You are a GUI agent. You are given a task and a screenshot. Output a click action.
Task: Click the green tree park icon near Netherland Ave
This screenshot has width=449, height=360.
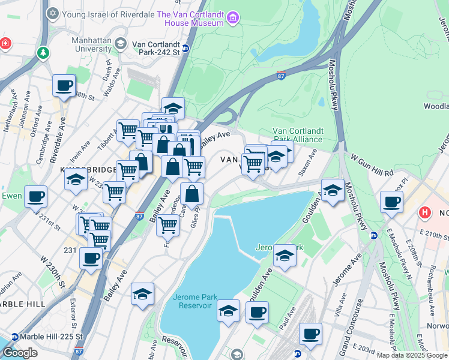pyautogui.click(x=43, y=53)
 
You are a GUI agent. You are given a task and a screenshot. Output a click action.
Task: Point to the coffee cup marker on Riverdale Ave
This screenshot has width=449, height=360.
pyautogui.click(x=64, y=85)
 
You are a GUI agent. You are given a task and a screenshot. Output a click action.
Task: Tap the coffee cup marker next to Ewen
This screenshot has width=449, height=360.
pyautogui.click(x=35, y=196)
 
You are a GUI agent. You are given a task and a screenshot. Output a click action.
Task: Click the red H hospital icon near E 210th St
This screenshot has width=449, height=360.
pyautogui.click(x=426, y=212)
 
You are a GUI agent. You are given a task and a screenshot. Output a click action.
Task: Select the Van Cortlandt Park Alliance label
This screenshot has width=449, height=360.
pyautogui.click(x=298, y=135)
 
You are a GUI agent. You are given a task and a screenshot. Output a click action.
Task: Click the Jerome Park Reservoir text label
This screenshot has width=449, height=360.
pyautogui.click(x=193, y=301)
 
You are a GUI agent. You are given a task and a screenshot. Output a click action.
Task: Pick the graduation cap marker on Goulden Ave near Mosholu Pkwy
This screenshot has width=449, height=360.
pyautogui.click(x=333, y=190)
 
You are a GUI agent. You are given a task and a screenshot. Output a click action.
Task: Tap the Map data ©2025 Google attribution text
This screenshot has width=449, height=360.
pyautogui.click(x=411, y=355)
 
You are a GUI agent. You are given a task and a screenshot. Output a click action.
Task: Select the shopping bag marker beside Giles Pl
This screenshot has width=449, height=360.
pyautogui.click(x=192, y=194)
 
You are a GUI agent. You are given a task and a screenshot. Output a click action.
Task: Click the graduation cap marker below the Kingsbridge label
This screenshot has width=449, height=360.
pyautogui.click(x=76, y=179)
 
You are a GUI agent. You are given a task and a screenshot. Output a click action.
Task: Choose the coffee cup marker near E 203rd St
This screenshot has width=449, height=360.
pyautogui.click(x=310, y=334)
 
